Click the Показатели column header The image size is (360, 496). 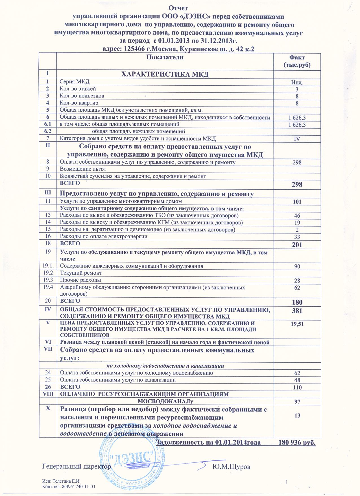point(165,58)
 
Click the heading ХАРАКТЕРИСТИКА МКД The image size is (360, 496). point(165,75)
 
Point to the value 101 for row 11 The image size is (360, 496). point(297,202)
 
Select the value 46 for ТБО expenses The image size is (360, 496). point(297,216)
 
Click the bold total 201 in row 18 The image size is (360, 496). point(297,245)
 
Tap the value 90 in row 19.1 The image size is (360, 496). point(297,267)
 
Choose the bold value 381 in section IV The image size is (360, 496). point(297,311)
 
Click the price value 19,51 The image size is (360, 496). point(297,324)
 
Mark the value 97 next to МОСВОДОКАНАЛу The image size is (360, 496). point(297,402)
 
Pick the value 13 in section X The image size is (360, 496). point(297,416)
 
